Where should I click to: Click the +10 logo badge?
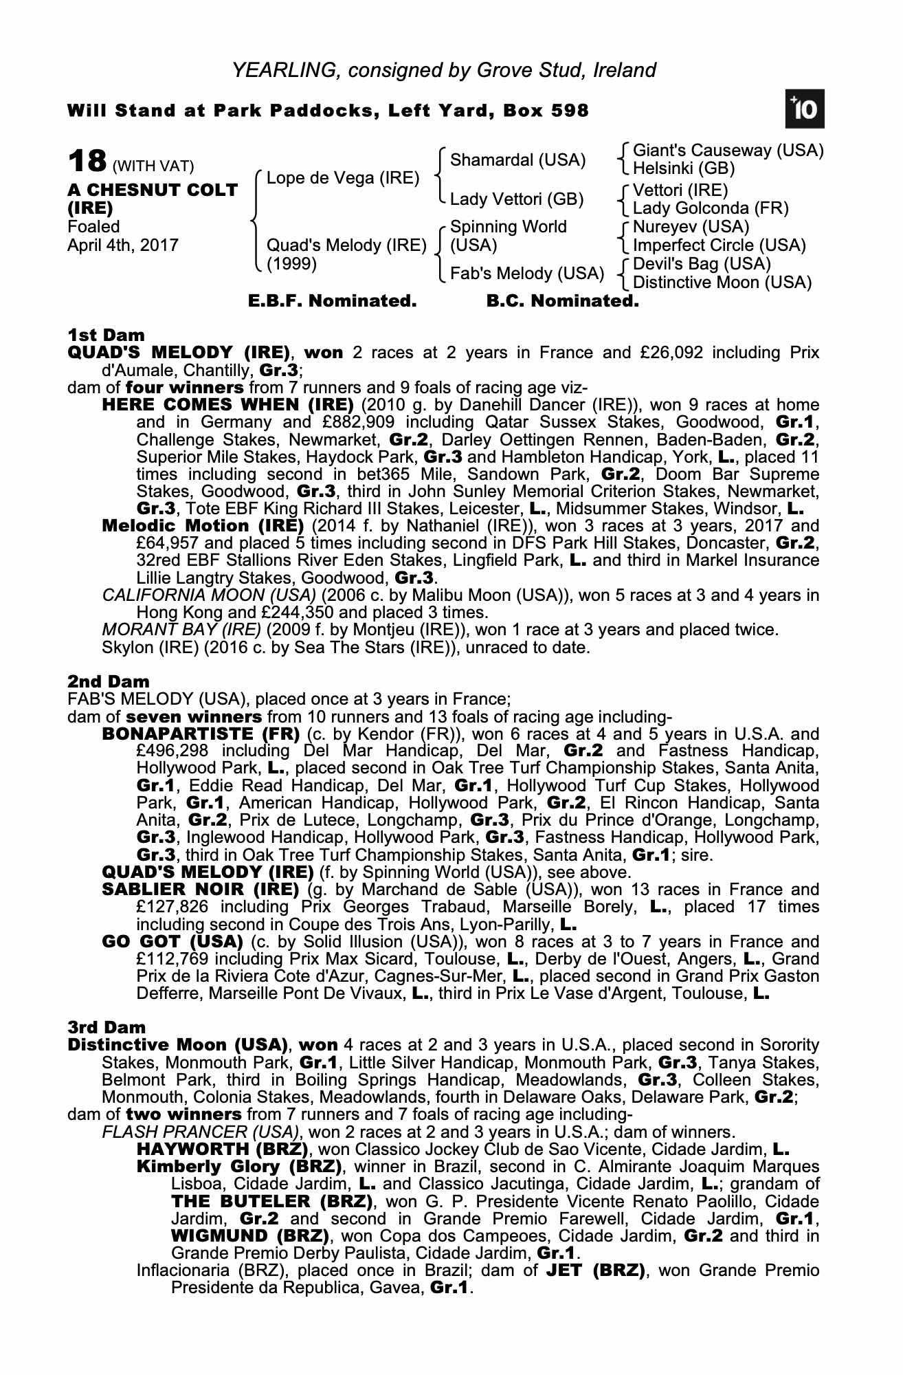tap(805, 109)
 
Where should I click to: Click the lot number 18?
tap(87, 162)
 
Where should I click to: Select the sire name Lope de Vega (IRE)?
tap(342, 178)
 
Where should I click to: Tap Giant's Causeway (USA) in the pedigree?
tap(728, 151)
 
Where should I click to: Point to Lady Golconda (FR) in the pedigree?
tap(711, 208)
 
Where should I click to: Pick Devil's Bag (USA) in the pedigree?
tap(702, 264)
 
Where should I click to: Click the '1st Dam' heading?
tap(106, 335)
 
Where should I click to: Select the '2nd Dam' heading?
tap(108, 682)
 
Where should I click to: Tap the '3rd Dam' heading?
tap(107, 1028)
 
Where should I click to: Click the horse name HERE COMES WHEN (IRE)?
tap(227, 405)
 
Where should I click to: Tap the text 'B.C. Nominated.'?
tap(562, 301)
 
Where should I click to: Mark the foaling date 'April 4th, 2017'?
tap(122, 245)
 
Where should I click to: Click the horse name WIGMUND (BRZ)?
tap(250, 1236)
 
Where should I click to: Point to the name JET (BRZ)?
tap(595, 1270)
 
